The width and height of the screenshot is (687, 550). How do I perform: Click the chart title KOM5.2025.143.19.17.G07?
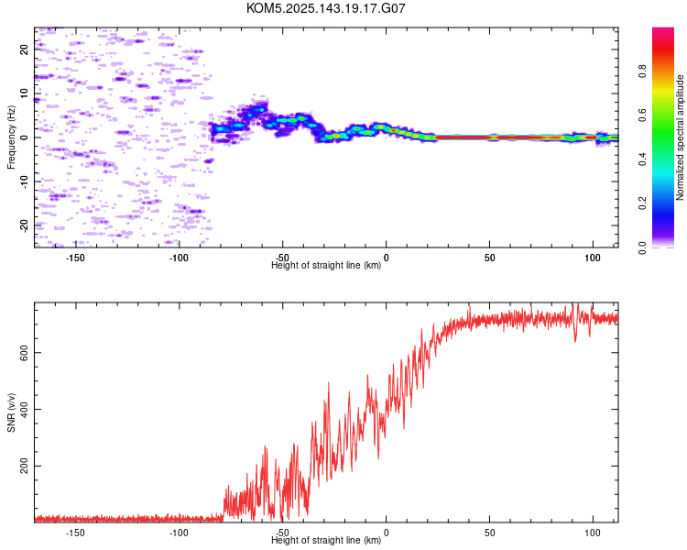click(x=325, y=8)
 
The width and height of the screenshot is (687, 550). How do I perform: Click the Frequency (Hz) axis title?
click(x=11, y=137)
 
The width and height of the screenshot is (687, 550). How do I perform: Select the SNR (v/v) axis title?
click(x=11, y=412)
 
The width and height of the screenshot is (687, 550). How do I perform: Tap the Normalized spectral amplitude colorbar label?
click(x=680, y=137)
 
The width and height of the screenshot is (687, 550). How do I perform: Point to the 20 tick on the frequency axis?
click(x=25, y=49)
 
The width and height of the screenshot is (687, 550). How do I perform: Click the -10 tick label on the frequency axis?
click(x=25, y=181)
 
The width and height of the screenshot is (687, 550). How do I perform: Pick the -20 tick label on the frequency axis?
click(x=25, y=225)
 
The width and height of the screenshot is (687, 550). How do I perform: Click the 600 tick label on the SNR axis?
click(x=25, y=352)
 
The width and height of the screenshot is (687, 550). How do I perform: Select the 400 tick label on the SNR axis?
click(x=25, y=409)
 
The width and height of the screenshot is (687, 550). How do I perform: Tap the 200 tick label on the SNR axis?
click(x=25, y=466)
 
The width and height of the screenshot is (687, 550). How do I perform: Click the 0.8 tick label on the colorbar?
click(x=642, y=71)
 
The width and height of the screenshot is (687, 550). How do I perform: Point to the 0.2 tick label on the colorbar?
click(x=642, y=203)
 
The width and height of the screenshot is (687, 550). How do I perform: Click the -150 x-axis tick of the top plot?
click(x=75, y=258)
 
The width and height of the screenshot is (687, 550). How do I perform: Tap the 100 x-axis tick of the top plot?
click(x=593, y=258)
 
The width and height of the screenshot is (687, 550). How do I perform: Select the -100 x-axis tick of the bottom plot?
click(x=179, y=533)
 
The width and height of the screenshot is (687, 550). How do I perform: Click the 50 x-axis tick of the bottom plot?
click(x=489, y=533)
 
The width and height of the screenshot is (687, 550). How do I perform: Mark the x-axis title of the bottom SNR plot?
click(x=326, y=540)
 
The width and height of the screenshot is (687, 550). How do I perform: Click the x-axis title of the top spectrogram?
click(x=326, y=265)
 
